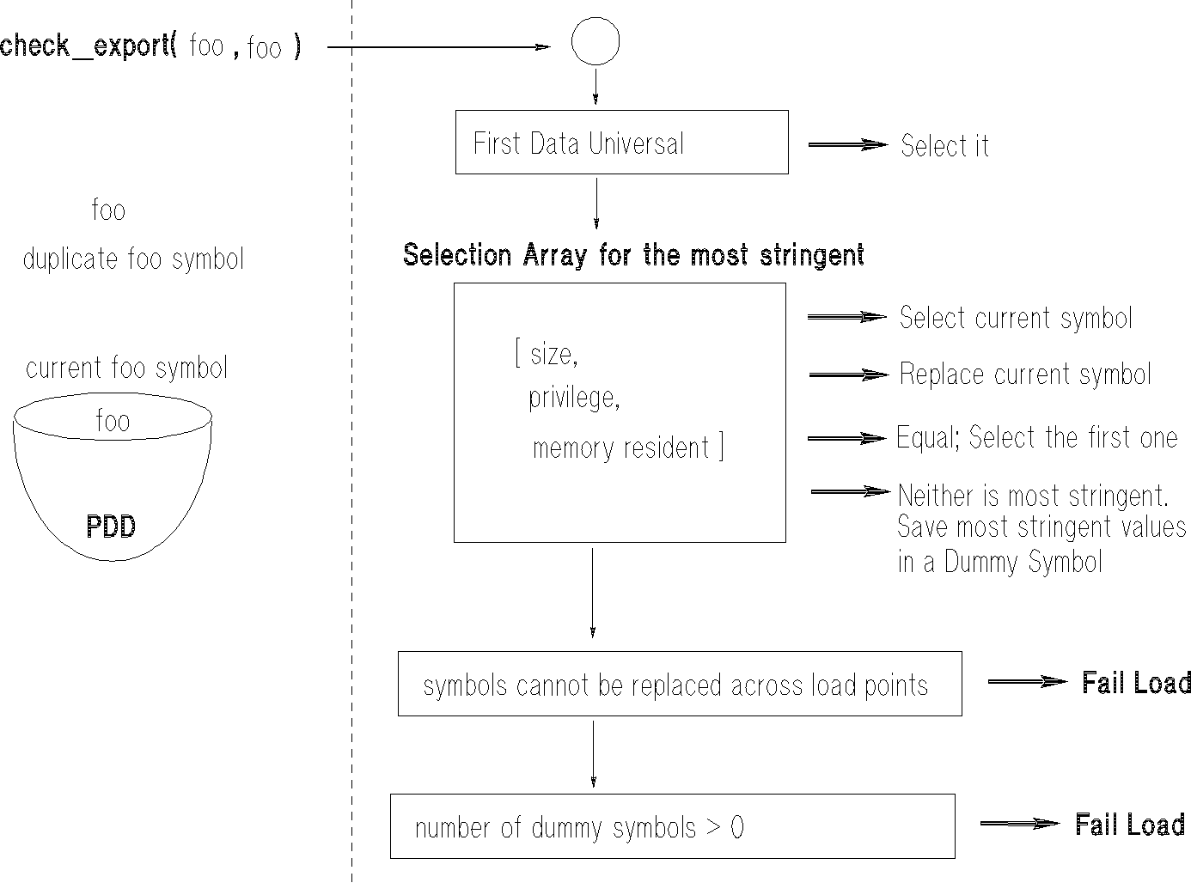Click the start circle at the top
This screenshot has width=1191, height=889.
tap(595, 42)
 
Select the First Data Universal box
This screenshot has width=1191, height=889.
tap(621, 143)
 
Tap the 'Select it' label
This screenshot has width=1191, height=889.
tap(944, 145)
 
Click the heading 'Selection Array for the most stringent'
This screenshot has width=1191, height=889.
tap(633, 255)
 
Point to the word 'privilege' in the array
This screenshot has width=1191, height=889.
tap(573, 398)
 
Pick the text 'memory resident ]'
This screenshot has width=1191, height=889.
tap(627, 448)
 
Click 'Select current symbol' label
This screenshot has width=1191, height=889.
tap(1016, 319)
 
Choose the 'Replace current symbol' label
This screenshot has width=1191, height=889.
tap(1025, 374)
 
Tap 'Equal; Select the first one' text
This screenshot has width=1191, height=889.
tap(1036, 437)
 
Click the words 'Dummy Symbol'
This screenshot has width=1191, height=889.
tap(1023, 562)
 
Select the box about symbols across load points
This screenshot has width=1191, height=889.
tap(679, 684)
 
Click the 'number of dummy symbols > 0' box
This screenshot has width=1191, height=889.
tap(672, 826)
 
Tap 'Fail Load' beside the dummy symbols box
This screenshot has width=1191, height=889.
tap(1130, 825)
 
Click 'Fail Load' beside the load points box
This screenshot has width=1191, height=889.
tap(1136, 683)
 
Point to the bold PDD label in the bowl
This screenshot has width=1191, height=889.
tap(111, 527)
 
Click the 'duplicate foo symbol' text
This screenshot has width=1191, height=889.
tap(133, 259)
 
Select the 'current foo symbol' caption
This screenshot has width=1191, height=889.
tap(126, 368)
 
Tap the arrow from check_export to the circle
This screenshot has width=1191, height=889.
tap(438, 47)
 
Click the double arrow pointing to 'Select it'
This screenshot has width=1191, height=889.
tap(847, 145)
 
